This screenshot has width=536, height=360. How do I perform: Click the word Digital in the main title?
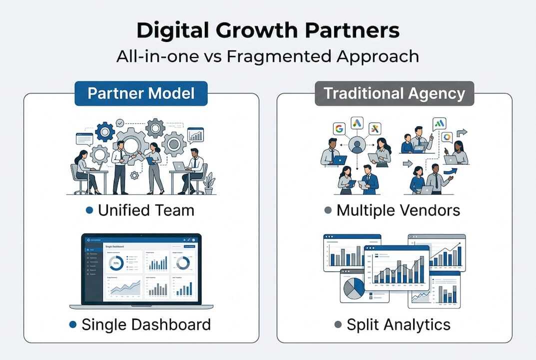coord(167,30)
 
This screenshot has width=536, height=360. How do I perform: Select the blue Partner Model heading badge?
coord(141,93)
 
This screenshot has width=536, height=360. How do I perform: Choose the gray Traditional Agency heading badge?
coord(394,93)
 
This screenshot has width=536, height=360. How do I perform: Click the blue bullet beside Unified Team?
coord(89,210)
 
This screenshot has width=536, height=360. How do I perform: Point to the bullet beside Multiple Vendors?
coord(328,210)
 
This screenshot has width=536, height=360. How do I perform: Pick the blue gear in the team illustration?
coord(105,132)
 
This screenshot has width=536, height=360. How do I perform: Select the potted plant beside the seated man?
coord(209,183)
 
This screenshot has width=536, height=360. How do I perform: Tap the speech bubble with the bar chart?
coord(195,135)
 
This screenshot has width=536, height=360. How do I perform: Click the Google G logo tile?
coord(339,128)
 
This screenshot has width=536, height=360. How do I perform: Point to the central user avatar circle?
coord(357,145)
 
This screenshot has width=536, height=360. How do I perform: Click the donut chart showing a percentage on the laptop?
coord(116,262)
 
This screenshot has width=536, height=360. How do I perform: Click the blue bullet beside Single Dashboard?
coord(73,324)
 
